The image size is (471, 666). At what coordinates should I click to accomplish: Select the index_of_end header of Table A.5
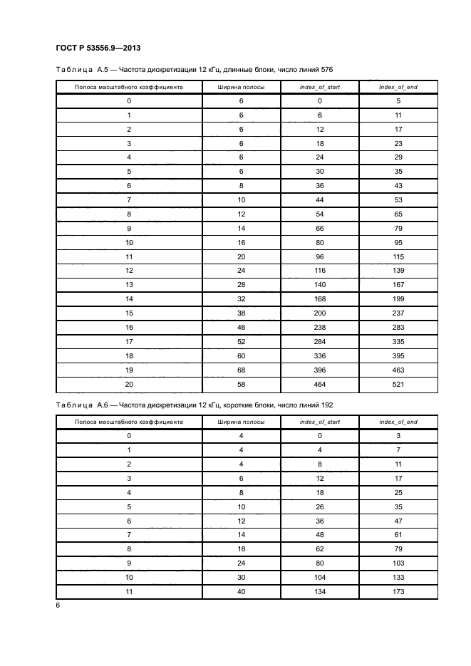(x=398, y=87)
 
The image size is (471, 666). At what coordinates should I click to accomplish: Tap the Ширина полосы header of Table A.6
(x=242, y=422)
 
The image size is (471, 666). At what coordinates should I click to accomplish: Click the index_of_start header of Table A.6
(x=320, y=422)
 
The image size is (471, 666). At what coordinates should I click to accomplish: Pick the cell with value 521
(x=398, y=384)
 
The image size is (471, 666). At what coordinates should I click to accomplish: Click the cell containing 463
(x=398, y=370)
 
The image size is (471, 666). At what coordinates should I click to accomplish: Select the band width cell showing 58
(x=242, y=384)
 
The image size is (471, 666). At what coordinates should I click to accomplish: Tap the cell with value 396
(x=320, y=370)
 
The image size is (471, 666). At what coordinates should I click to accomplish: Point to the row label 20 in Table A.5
(x=129, y=384)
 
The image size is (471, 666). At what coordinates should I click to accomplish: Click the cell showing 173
(x=398, y=591)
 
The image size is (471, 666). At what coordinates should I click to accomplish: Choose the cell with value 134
(x=320, y=591)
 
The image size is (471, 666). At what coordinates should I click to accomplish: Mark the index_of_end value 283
(x=398, y=327)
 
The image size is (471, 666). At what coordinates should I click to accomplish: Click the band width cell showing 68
(x=242, y=370)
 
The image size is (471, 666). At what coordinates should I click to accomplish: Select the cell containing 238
(x=320, y=327)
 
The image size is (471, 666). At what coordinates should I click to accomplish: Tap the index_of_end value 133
(x=398, y=577)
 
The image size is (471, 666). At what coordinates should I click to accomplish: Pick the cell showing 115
(x=398, y=256)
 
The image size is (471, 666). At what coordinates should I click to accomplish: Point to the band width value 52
(x=242, y=341)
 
